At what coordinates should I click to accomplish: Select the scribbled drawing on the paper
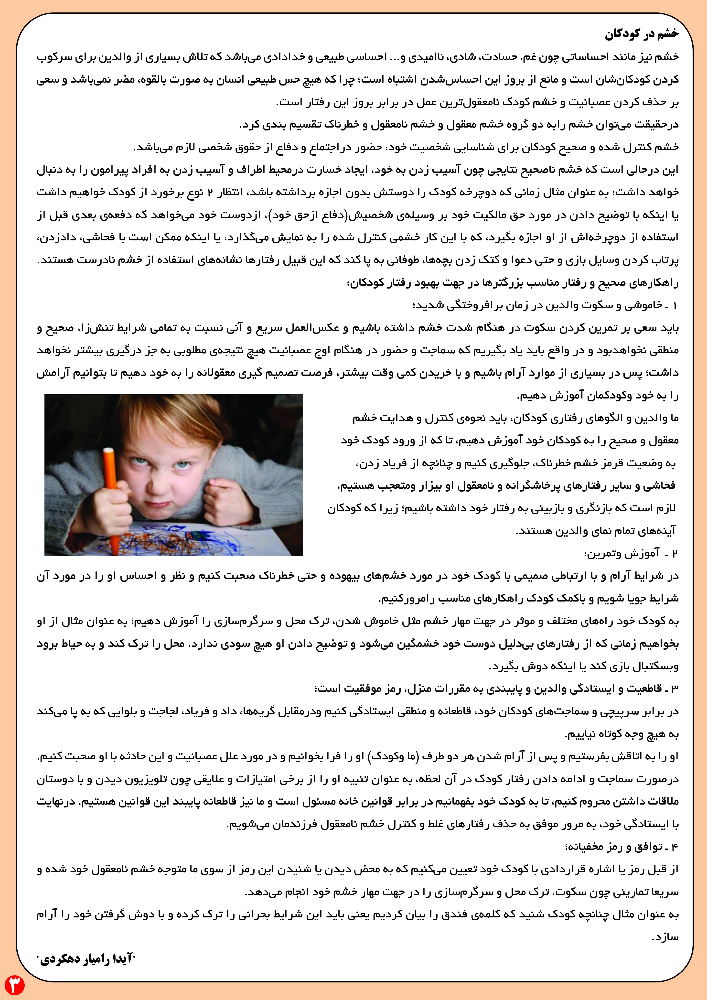183,538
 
